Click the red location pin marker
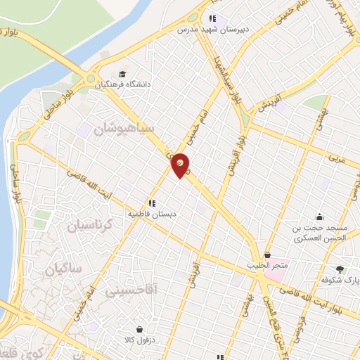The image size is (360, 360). pyautogui.click(x=181, y=165)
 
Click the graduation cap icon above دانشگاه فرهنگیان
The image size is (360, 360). pyautogui.click(x=124, y=74)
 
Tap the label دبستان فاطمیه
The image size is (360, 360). pyautogui.click(x=153, y=213)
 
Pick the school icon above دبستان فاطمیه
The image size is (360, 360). pyautogui.click(x=152, y=203)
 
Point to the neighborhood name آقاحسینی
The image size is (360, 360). pyautogui.click(x=132, y=288)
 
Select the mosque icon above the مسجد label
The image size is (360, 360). pyautogui.click(x=320, y=217)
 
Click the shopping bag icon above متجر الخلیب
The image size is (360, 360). pyautogui.click(x=266, y=255)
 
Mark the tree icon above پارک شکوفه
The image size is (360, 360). pyautogui.click(x=340, y=269)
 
